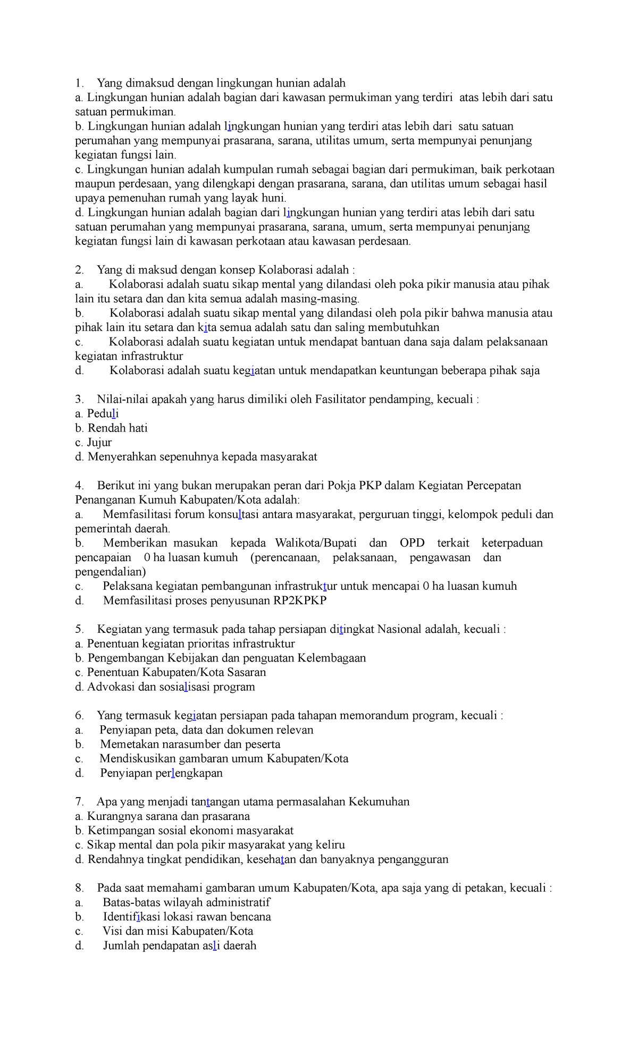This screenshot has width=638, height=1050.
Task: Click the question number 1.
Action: [79, 83]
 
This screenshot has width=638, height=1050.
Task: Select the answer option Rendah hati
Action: [117, 428]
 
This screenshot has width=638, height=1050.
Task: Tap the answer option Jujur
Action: [99, 443]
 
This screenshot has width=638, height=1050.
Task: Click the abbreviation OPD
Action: [412, 543]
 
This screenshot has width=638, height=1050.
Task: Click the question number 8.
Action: [79, 888]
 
